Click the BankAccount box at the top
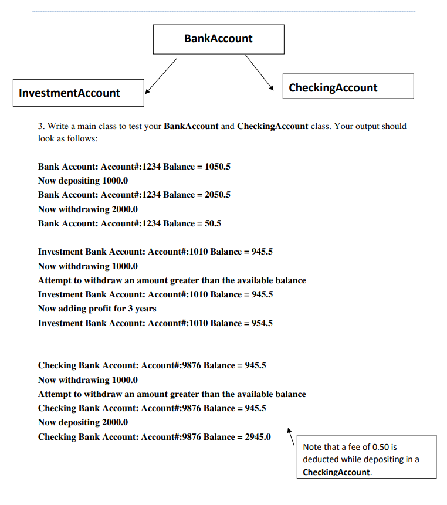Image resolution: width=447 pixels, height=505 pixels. (218, 39)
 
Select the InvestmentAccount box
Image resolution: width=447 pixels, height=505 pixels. (78, 93)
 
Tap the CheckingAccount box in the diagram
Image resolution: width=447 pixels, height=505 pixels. (348, 86)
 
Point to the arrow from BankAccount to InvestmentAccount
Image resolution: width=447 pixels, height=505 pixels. (160, 75)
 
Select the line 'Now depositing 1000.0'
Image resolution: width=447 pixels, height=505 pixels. (83, 181)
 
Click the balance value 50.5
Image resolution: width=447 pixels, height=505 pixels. (212, 223)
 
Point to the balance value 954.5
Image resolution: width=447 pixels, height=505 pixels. (262, 323)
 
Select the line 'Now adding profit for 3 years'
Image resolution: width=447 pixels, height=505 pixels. (97, 309)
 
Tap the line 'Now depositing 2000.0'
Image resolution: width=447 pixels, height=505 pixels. (83, 422)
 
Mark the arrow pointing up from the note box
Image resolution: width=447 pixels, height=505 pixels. (291, 436)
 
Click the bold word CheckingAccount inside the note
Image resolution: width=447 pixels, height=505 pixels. (337, 472)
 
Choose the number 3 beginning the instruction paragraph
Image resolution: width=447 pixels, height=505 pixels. (40, 126)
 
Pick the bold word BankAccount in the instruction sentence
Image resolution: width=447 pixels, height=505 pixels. (191, 126)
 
